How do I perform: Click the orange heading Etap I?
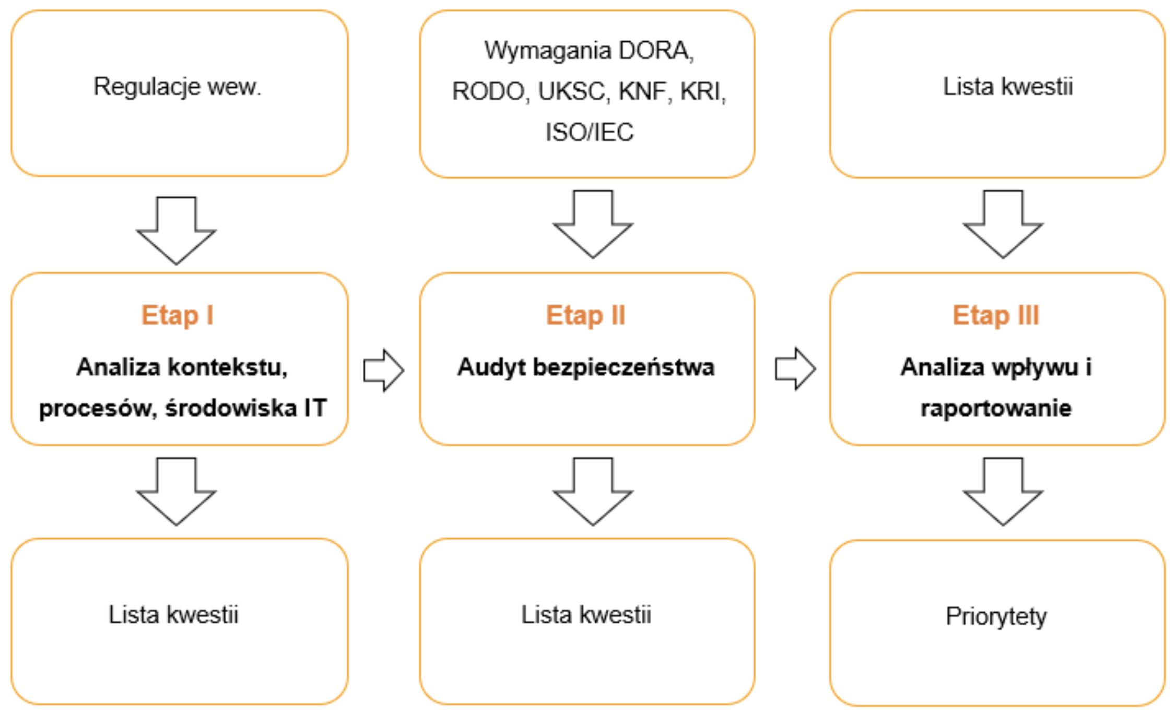[x=177, y=315]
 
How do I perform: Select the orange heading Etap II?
[x=585, y=315]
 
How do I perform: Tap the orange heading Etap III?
[x=996, y=315]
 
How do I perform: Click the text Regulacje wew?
[x=177, y=87]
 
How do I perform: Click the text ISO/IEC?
[x=589, y=132]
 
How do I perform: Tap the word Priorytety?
[x=996, y=616]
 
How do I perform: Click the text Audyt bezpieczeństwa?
[x=586, y=367]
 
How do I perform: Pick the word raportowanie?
[x=996, y=408]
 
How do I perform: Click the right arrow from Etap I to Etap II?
[x=383, y=370]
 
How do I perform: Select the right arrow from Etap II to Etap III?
[x=795, y=368]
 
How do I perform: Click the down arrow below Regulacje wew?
[x=176, y=231]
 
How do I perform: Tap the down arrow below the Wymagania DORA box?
[x=593, y=224]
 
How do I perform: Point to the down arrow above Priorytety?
[x=1003, y=491]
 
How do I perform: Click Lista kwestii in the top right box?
[x=1007, y=87]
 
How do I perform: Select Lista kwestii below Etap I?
[x=173, y=615]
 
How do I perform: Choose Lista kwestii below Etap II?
[x=586, y=615]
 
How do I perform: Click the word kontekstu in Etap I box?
[x=227, y=367]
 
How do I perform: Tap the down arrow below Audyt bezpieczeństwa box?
[x=593, y=491]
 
